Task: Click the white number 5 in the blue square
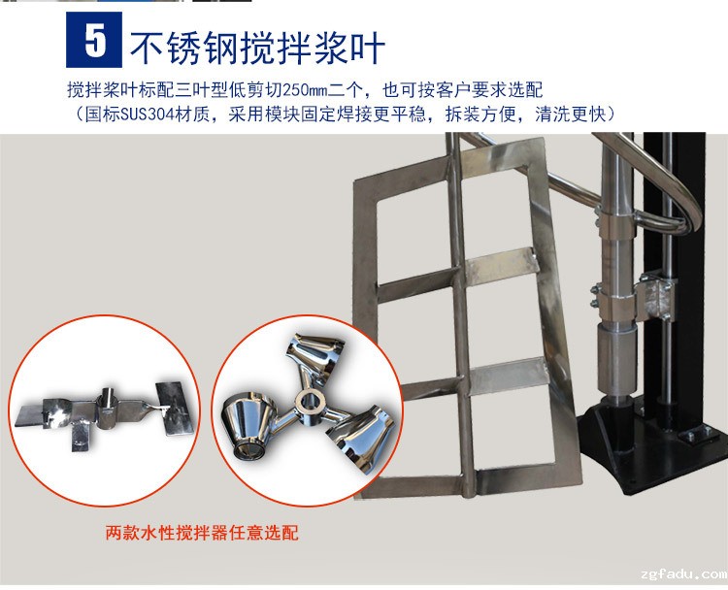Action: [x=96, y=40]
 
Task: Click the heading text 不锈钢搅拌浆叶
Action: [x=257, y=48]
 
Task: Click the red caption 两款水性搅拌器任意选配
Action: [x=202, y=533]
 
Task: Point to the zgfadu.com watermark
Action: [x=684, y=574]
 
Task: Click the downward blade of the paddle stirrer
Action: [x=80, y=437]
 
